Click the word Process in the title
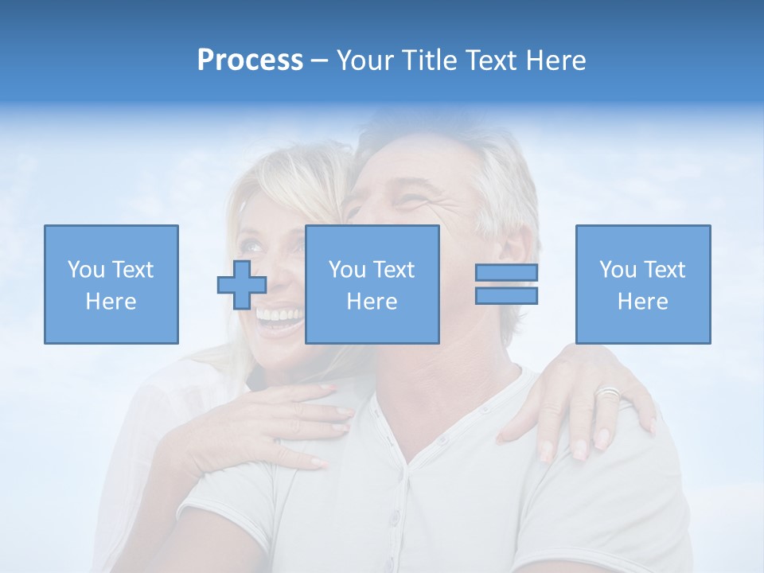coord(250,60)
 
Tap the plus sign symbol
coord(242,285)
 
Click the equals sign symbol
coord(506,284)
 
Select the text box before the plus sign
coord(111,284)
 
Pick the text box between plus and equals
coord(372,284)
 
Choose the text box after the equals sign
coord(642,284)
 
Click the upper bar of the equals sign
coord(506,273)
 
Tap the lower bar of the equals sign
coord(506,295)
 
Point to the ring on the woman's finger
coord(608,393)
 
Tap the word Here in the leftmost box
coord(111,302)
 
